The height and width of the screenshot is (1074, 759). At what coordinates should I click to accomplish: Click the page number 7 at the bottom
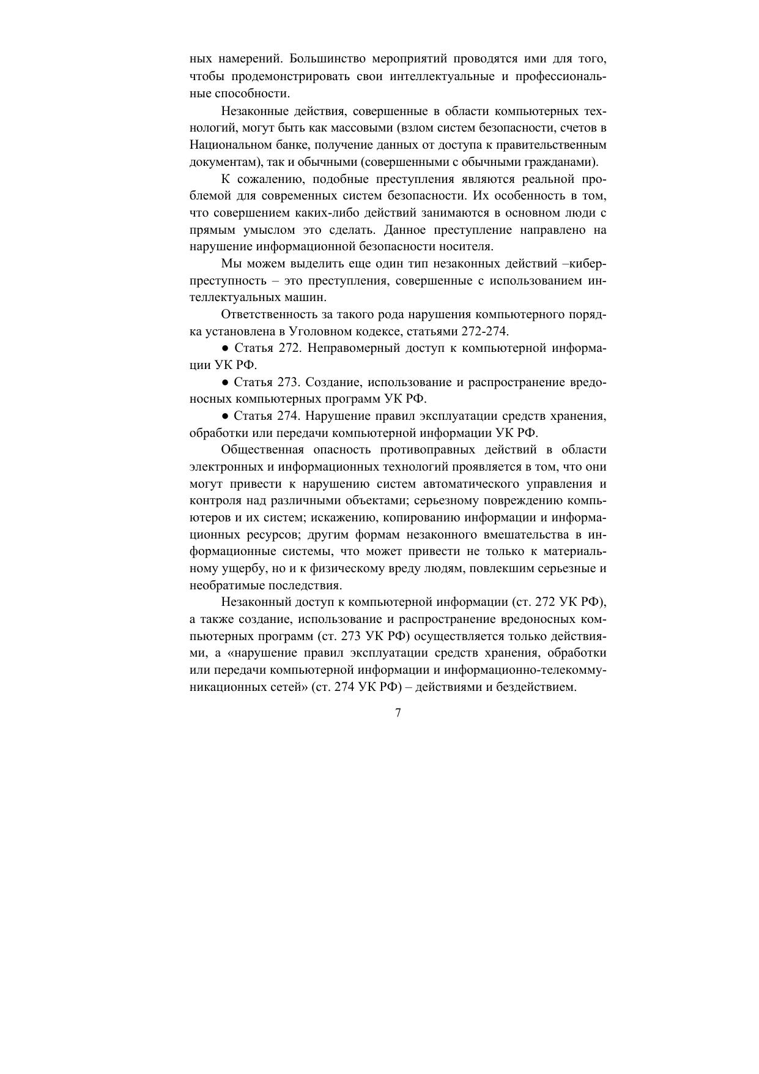pos(398,713)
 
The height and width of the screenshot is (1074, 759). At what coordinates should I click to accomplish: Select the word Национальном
pos(228,146)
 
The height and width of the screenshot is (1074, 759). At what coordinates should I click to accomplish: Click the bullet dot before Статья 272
pos(225,349)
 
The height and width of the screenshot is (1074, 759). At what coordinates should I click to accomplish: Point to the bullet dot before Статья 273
pos(225,382)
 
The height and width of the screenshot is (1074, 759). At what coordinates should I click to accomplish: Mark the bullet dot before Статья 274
pos(225,416)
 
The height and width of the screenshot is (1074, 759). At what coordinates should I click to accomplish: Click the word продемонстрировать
pos(281,76)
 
